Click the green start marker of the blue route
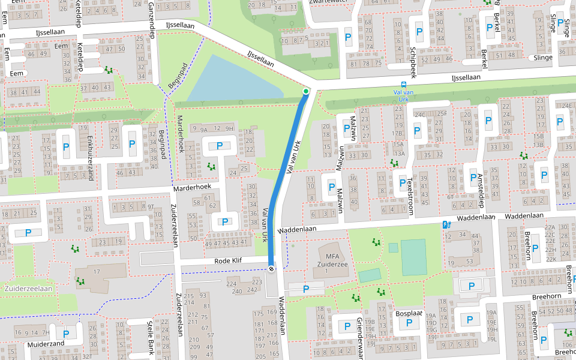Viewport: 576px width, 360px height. [x=306, y=91]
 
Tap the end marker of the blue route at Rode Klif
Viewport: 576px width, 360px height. [x=271, y=269]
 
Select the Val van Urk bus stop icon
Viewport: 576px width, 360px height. [x=404, y=85]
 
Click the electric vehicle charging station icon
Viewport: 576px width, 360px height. [x=445, y=224]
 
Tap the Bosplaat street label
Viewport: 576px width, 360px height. [x=409, y=313]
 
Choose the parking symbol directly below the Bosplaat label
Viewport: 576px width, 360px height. [x=409, y=323]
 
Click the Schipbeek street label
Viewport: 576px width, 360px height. [x=413, y=62]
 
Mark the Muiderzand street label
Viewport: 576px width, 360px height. [x=46, y=344]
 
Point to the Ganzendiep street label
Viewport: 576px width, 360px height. [x=151, y=19]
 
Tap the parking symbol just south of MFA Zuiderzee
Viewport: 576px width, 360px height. [x=306, y=289]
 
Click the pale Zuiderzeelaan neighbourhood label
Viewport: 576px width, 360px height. [x=28, y=289]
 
